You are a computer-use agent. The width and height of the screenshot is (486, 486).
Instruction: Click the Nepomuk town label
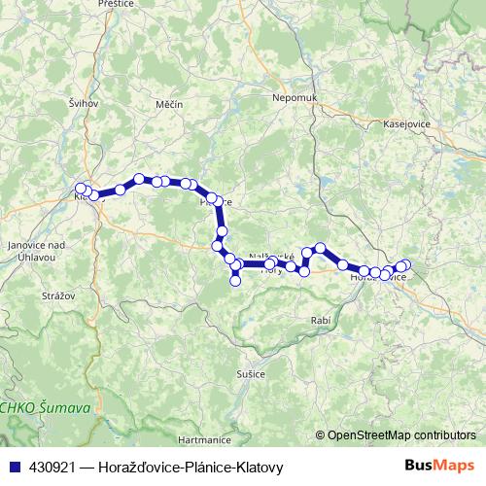coord(296,99)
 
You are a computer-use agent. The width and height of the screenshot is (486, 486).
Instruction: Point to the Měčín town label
coord(169,104)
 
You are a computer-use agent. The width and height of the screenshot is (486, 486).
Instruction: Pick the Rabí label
coord(322,320)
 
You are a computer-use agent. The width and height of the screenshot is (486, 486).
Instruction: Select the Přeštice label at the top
coord(116,5)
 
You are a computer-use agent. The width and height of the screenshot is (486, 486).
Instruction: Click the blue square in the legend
coord(15,466)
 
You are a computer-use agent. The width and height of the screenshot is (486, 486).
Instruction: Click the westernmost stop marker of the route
coord(82,189)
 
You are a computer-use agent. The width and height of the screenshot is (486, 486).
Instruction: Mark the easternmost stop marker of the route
coord(405,265)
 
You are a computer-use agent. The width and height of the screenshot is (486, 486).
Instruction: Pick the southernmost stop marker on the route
coord(235,282)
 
